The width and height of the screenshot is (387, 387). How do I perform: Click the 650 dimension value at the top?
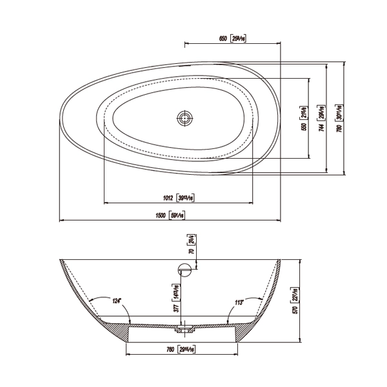pos(222,39)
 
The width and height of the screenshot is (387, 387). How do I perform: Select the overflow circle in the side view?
pos(186,268)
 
